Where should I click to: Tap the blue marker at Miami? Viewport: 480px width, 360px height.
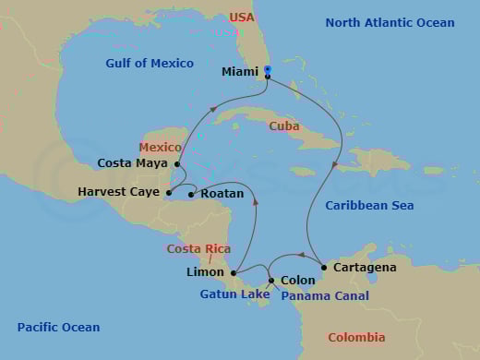click(x=267, y=69)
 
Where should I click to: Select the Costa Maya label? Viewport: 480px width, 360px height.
click(x=133, y=163)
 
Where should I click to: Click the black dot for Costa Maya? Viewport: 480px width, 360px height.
click(x=176, y=163)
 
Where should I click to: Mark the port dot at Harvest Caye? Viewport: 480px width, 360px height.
click(x=168, y=193)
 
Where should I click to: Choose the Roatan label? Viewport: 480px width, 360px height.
click(x=222, y=194)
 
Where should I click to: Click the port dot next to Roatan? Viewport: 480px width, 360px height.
click(x=191, y=194)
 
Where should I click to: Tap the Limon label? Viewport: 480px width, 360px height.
click(x=205, y=272)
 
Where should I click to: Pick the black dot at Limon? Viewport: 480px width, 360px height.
click(x=234, y=273)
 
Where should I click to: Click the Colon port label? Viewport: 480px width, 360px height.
click(x=297, y=280)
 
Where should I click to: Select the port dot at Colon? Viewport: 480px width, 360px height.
click(x=270, y=280)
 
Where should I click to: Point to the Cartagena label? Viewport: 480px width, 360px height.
click(x=365, y=268)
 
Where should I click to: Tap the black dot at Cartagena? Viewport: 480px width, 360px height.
click(x=323, y=268)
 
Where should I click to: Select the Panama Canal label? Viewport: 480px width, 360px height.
click(x=325, y=296)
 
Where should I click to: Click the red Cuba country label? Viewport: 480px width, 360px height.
click(x=283, y=126)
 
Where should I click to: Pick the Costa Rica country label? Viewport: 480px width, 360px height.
click(x=198, y=249)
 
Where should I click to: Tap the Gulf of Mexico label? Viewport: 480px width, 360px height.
click(x=150, y=64)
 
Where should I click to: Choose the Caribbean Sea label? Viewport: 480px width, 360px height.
click(x=369, y=206)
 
